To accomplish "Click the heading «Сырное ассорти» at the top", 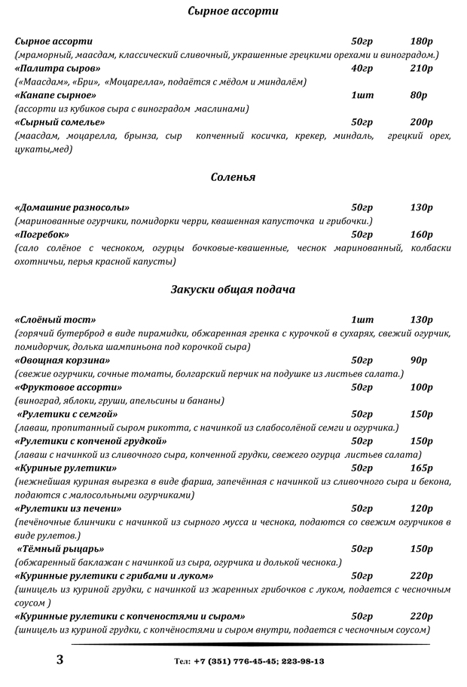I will point(233,11).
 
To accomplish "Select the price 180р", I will point(422,41).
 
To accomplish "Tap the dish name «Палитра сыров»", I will point(57,69).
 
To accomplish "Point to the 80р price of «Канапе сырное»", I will point(419,96).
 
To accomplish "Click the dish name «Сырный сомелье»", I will point(60,122).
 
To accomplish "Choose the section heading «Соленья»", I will point(233,177).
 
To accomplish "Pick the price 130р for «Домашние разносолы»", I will point(422,207).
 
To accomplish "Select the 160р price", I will point(422,235).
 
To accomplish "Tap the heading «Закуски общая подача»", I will point(233,290).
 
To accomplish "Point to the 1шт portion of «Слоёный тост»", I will point(362,320).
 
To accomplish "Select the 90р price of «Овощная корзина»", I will point(419,360).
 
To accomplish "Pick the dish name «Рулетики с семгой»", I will point(69,415).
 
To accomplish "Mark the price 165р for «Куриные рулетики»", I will point(422,468).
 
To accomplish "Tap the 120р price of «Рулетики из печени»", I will point(422,509).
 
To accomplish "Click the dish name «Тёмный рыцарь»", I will point(60,549).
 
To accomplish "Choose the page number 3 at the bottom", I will point(60,660).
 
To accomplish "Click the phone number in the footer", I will point(249,661).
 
